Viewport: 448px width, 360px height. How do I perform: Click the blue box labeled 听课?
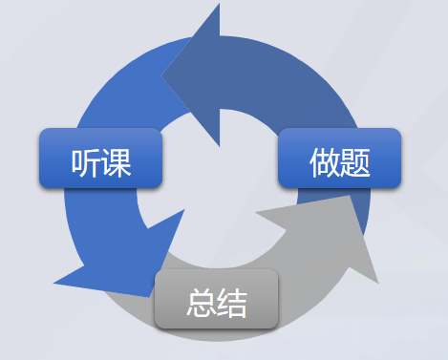tap(100, 159)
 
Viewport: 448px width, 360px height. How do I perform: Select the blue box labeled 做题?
tap(339, 159)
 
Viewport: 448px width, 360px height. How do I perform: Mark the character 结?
tap(232, 305)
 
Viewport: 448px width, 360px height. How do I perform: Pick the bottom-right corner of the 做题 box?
tap(398, 186)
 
